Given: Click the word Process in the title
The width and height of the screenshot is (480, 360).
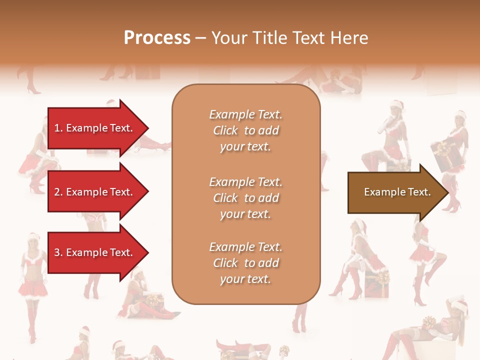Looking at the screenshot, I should (x=157, y=38).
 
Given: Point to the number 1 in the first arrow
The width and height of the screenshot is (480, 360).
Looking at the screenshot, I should (x=57, y=128).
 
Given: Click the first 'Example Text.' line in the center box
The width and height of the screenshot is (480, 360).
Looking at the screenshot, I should (x=245, y=114).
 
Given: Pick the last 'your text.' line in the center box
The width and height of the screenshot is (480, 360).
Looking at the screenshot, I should (x=245, y=279).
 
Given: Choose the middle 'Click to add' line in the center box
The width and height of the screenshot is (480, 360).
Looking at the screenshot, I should (x=245, y=198).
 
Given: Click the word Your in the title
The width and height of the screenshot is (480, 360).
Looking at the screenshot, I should (x=229, y=38).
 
